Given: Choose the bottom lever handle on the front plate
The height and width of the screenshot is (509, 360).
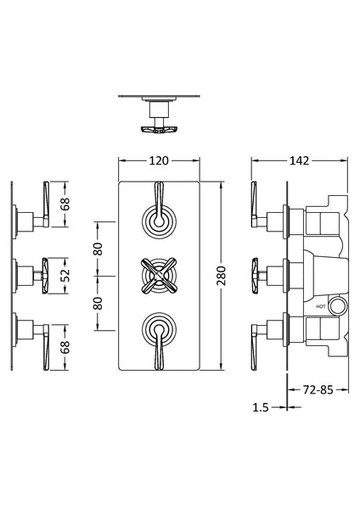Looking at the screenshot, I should click(x=159, y=343).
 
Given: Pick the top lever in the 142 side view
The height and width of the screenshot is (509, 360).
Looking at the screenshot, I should click(x=259, y=207).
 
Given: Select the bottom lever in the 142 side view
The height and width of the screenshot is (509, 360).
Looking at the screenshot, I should click(x=259, y=344).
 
